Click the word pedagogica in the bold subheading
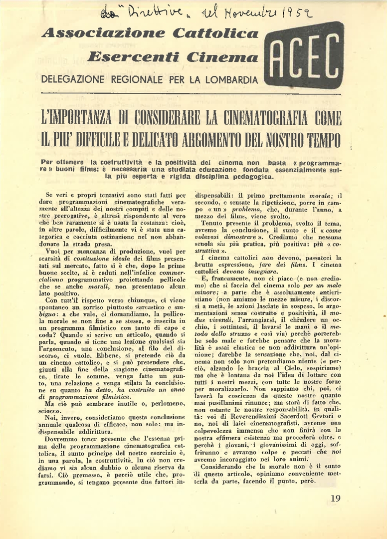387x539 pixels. click(248, 177)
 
